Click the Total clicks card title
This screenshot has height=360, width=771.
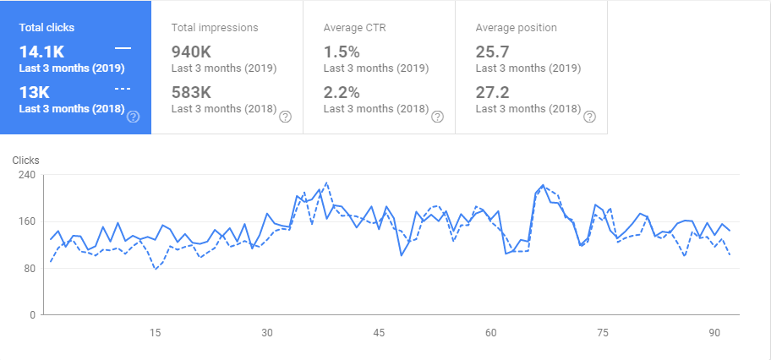[x=47, y=27]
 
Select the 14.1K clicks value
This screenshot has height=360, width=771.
[x=41, y=51]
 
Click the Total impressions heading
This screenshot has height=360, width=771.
[x=215, y=27]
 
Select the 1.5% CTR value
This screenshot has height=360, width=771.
[x=341, y=52]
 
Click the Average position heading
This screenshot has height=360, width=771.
[x=516, y=27]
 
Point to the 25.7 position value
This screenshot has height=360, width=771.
[x=493, y=52]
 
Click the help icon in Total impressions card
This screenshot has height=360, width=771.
[x=285, y=117]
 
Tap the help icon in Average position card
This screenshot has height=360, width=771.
[x=589, y=117]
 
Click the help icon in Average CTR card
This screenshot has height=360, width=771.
[x=437, y=117]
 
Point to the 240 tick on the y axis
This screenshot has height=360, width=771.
[x=27, y=175]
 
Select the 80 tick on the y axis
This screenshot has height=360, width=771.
[x=30, y=269]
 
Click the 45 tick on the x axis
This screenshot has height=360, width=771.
[x=379, y=332]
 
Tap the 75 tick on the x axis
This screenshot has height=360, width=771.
[x=602, y=332]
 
